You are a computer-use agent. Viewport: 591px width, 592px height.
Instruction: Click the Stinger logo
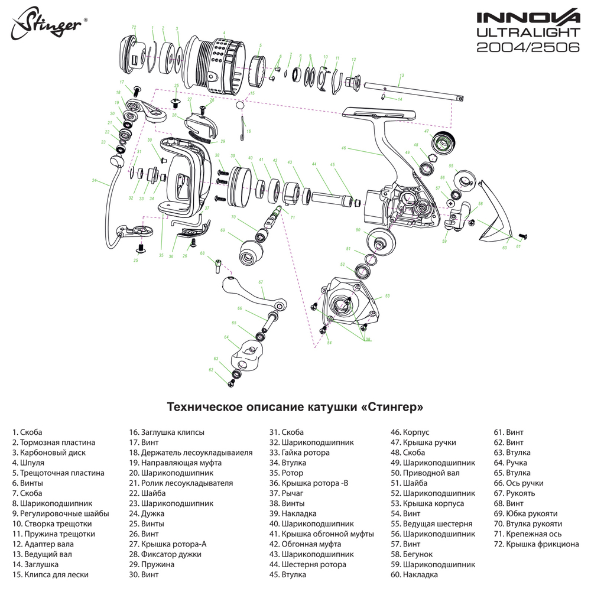click(50, 24)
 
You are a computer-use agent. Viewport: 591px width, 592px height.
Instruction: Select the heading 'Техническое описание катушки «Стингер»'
click(295, 408)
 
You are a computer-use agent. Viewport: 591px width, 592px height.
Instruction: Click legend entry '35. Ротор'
click(286, 473)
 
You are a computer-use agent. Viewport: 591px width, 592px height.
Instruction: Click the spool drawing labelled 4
click(215, 61)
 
